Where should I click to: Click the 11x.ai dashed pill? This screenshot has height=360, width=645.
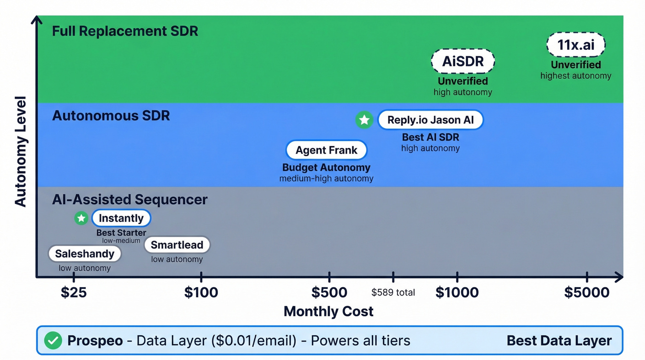(x=576, y=45)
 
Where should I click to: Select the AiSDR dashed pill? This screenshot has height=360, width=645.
(x=463, y=61)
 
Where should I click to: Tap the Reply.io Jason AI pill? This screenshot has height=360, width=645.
(x=430, y=120)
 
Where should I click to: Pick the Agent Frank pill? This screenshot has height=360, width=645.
(x=326, y=150)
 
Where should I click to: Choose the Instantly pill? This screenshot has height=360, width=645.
(x=121, y=218)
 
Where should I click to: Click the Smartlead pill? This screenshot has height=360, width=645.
(x=177, y=245)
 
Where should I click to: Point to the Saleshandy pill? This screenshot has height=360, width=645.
(x=85, y=254)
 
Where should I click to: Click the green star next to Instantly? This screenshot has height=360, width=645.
(x=82, y=218)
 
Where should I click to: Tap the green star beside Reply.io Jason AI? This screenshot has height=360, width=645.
(x=364, y=120)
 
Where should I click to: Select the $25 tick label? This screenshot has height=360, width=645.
(x=74, y=292)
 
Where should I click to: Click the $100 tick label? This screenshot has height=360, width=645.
(x=201, y=292)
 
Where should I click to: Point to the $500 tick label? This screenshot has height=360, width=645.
(x=329, y=292)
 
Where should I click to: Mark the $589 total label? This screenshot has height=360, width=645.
(x=393, y=292)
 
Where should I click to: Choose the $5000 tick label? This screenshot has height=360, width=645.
(x=587, y=292)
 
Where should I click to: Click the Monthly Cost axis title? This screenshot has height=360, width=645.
(x=328, y=311)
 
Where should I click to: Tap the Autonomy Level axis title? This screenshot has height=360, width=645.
(x=20, y=151)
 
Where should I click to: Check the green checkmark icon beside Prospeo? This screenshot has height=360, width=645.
(x=53, y=341)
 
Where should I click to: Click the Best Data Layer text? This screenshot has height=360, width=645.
(x=559, y=341)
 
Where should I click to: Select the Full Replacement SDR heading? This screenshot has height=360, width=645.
(x=125, y=31)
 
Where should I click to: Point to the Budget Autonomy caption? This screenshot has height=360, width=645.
(x=326, y=168)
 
